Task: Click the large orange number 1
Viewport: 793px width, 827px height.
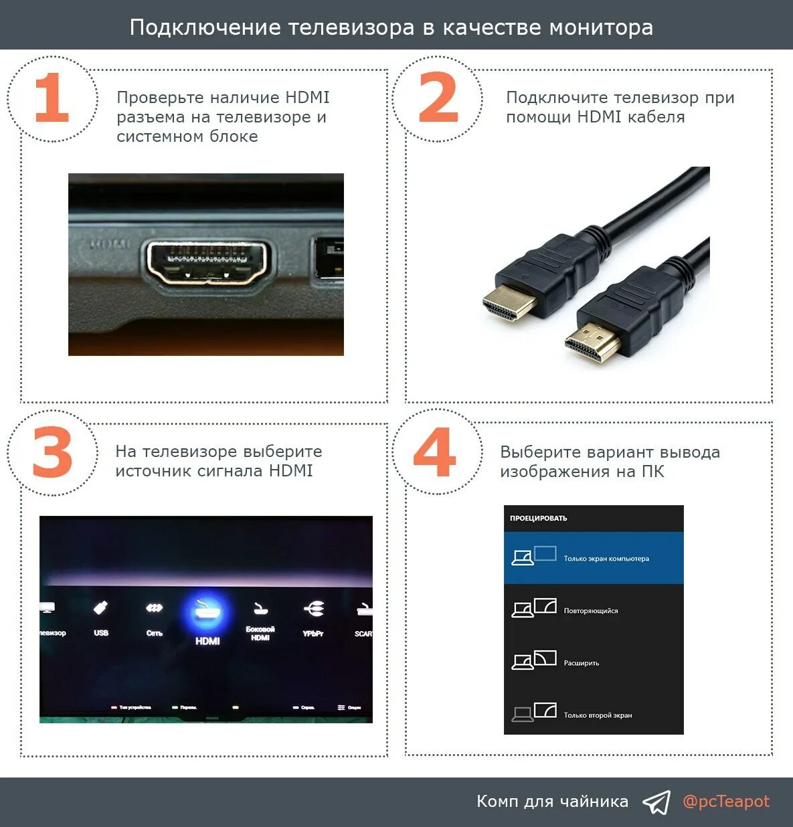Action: point(52,99)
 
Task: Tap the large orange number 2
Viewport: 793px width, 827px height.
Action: point(438,99)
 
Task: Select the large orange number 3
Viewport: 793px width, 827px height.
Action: point(52,454)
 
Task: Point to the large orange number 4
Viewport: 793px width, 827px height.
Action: point(435,453)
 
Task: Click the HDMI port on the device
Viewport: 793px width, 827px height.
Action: point(207,263)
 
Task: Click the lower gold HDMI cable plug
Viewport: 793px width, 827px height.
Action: point(592,342)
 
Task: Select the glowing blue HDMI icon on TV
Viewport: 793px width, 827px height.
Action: point(207,613)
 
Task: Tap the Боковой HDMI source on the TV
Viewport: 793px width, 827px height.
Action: point(260,618)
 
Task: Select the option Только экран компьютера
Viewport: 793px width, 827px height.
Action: point(594,558)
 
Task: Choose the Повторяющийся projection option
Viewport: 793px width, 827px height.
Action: point(594,610)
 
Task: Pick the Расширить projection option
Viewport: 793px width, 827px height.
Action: point(594,662)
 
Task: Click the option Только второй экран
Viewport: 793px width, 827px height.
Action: point(594,715)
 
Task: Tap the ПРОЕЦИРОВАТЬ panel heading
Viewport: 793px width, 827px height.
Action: point(539,518)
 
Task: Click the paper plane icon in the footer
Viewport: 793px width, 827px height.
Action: point(656,802)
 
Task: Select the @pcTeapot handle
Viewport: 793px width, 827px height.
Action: point(726,802)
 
